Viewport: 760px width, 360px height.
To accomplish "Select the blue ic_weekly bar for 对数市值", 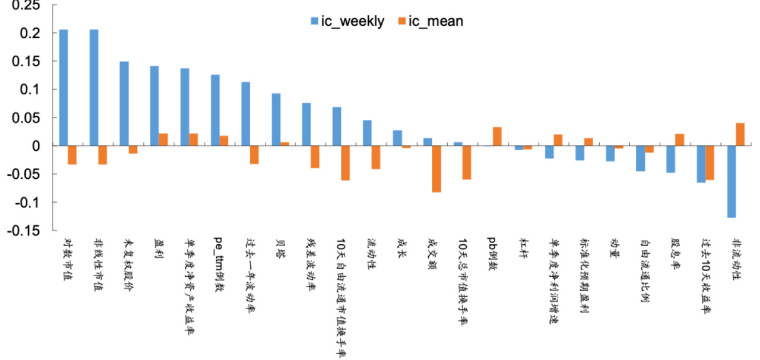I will [x=64, y=88].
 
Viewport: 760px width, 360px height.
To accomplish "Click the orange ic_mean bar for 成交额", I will [x=436, y=169].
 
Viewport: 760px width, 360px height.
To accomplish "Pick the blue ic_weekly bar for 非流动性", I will [x=731, y=182].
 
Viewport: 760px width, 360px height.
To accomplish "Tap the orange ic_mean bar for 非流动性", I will [x=740, y=135].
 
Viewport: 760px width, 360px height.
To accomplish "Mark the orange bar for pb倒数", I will [x=497, y=137].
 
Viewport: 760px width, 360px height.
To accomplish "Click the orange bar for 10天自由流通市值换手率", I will [x=346, y=163].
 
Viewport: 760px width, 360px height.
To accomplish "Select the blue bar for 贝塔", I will [x=276, y=119].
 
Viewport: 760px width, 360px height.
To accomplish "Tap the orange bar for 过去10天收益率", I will [x=709, y=163].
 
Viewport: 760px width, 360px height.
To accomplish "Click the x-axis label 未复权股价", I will [x=129, y=264].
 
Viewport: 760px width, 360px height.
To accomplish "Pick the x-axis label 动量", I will [x=612, y=249].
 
